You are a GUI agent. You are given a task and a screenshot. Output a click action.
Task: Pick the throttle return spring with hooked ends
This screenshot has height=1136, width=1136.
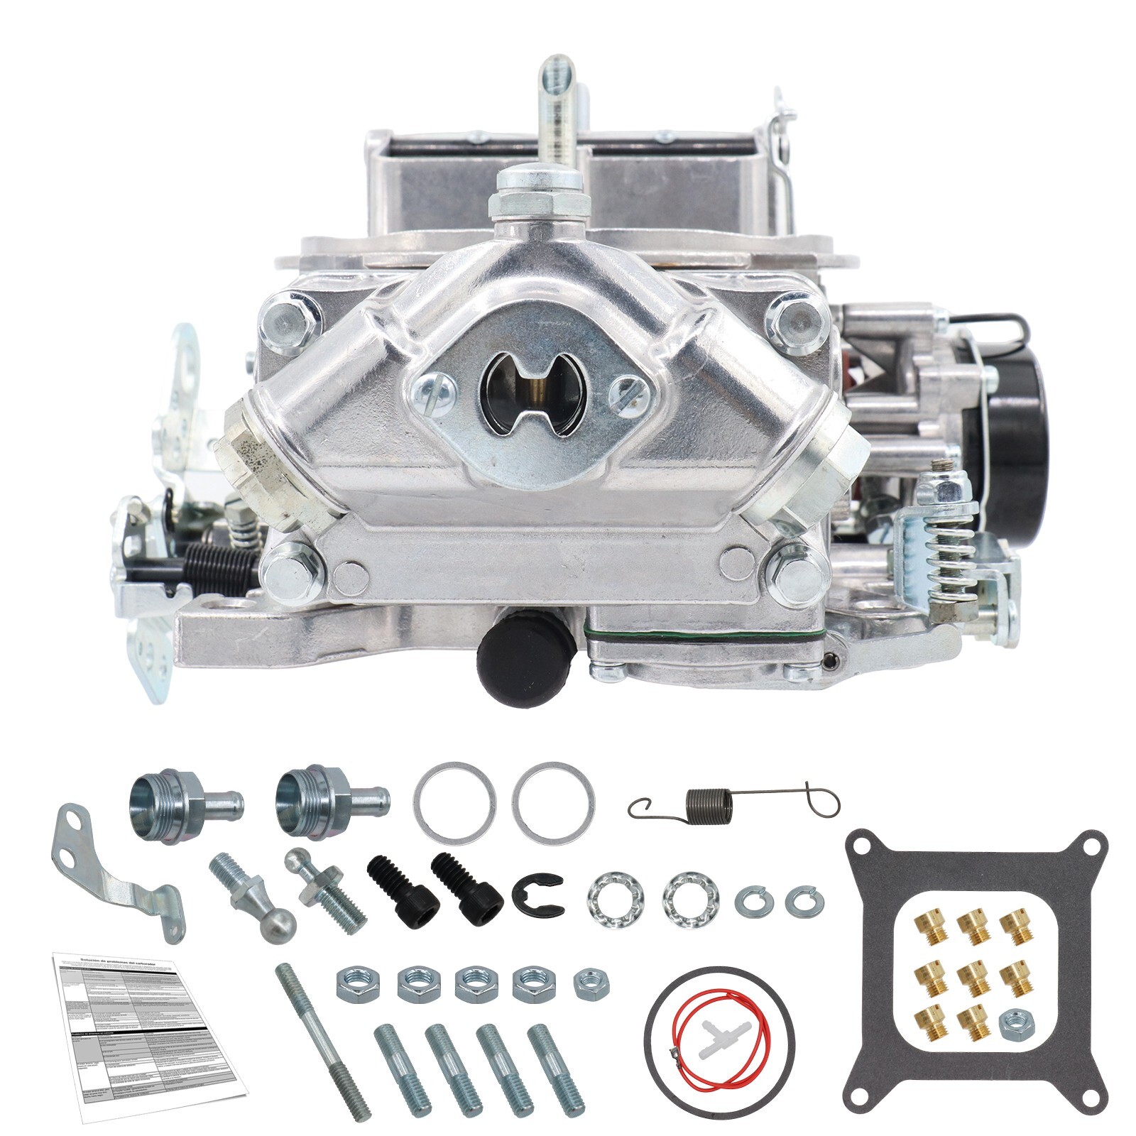coord(731,806)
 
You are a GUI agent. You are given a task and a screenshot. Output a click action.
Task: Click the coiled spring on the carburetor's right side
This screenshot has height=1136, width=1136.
coord(944,555)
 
